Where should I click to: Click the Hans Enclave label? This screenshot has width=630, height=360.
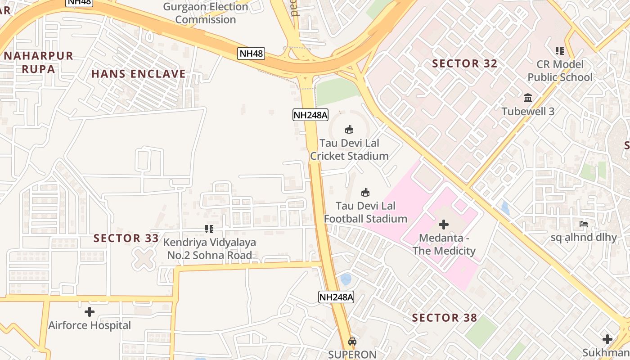(139, 74)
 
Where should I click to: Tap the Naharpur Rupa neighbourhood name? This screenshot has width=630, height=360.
(39, 62)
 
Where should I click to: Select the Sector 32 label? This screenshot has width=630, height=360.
(465, 63)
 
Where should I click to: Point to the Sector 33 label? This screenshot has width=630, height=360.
(126, 238)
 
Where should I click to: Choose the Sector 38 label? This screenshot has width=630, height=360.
(444, 318)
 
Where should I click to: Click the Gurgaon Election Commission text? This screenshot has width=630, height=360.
(206, 13)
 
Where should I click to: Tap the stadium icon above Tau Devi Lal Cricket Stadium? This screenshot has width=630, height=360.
(349, 130)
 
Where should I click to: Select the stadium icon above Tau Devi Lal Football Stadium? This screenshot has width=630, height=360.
(365, 193)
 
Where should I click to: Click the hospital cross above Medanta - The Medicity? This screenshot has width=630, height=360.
(444, 225)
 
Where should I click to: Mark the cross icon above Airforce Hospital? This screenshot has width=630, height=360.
(90, 311)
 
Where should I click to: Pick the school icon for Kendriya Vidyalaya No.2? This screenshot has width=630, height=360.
(209, 229)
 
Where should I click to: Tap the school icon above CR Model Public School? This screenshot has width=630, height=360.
(560, 51)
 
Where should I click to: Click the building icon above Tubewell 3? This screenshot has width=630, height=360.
(528, 98)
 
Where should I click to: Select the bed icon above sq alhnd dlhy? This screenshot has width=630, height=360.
(584, 224)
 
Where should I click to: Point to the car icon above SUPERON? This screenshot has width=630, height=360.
(352, 341)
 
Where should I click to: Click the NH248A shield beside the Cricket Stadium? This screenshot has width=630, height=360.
(310, 115)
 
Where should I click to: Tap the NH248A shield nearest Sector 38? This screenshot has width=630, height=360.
(336, 297)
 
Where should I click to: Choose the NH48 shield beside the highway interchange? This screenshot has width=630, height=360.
(251, 54)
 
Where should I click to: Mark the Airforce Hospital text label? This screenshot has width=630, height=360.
(90, 325)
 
